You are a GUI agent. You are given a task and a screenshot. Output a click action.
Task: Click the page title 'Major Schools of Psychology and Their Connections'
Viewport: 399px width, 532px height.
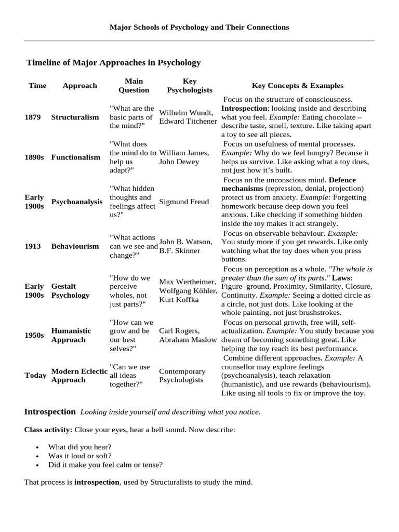point(199,27)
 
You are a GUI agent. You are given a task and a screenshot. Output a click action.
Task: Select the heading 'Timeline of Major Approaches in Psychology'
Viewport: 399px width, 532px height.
point(113,62)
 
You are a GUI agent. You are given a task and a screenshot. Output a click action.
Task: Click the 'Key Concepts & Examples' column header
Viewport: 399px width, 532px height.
point(297,86)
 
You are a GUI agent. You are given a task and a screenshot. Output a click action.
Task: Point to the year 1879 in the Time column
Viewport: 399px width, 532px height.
point(33,117)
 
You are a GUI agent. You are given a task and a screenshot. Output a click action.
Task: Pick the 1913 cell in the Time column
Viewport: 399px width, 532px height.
point(33,246)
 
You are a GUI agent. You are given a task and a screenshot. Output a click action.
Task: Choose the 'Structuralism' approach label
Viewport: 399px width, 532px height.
point(75,117)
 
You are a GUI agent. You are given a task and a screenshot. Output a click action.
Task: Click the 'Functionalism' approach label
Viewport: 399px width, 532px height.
point(76,157)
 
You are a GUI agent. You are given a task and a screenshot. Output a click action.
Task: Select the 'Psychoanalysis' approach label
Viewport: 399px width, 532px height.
point(77,202)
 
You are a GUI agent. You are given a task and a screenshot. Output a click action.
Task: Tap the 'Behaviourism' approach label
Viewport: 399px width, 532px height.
point(75,246)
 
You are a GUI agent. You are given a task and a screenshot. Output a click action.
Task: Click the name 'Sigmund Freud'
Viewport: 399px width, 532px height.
point(184,202)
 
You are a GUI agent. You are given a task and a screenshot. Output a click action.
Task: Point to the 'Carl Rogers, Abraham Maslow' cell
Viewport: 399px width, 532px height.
point(188,335)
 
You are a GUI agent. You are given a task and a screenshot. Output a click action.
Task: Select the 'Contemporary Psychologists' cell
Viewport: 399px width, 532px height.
point(182,376)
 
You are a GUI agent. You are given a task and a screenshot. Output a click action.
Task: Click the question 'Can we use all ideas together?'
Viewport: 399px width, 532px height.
point(131,376)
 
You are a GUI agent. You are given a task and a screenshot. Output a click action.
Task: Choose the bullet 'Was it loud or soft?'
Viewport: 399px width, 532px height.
point(80,456)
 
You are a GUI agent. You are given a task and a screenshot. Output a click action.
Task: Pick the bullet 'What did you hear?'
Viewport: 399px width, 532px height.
point(79,447)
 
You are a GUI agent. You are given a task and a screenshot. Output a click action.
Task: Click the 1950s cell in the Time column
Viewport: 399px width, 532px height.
point(34,335)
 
